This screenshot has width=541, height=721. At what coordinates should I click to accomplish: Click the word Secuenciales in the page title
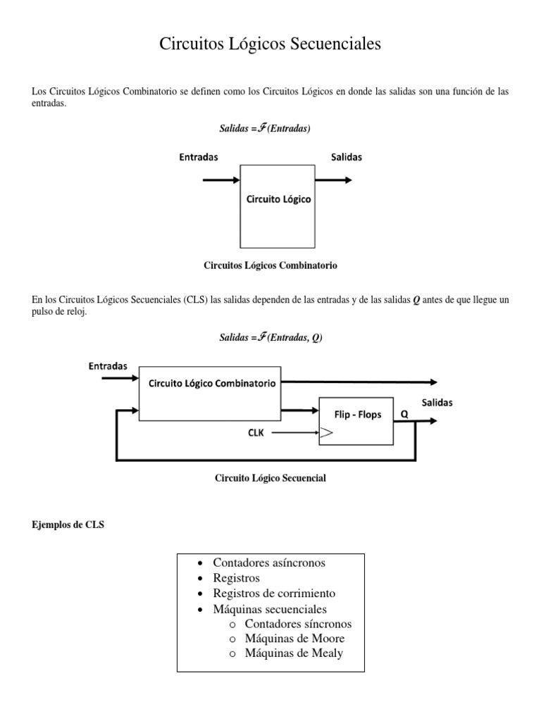pyautogui.click(x=334, y=44)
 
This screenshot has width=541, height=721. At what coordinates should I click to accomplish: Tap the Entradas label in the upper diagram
pyautogui.click(x=198, y=158)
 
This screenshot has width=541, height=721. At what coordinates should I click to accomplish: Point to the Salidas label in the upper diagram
pyautogui.click(x=347, y=158)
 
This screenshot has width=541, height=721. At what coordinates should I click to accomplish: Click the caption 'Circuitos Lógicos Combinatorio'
pyautogui.click(x=270, y=265)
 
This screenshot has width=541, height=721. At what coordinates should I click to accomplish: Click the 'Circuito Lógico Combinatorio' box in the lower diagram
pyautogui.click(x=210, y=393)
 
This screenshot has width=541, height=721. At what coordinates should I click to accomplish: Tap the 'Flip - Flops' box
pyautogui.click(x=356, y=421)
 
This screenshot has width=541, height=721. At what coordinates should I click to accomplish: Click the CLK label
pyautogui.click(x=255, y=433)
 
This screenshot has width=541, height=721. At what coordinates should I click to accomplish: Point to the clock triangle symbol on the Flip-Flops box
pyautogui.click(x=325, y=434)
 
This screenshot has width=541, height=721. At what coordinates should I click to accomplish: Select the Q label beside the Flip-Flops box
pyautogui.click(x=404, y=415)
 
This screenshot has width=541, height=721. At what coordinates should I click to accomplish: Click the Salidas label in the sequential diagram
pyautogui.click(x=437, y=403)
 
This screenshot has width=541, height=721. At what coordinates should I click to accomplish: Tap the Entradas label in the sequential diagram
pyautogui.click(x=108, y=366)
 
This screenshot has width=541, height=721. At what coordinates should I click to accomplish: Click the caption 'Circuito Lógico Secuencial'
pyautogui.click(x=270, y=478)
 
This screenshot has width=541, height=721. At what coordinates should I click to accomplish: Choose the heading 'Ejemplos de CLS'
pyautogui.click(x=68, y=525)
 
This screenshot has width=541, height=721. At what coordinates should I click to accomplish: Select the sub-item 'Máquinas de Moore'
pyautogui.click(x=294, y=639)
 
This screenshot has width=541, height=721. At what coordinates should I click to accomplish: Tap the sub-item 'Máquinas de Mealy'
pyautogui.click(x=294, y=653)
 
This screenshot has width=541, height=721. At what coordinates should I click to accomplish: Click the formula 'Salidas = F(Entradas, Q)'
pyautogui.click(x=270, y=338)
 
